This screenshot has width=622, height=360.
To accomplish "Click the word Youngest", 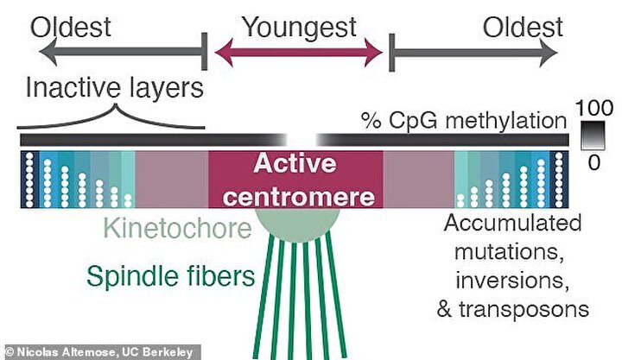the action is click(x=300, y=28).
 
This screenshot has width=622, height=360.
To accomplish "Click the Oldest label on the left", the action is click(x=71, y=28).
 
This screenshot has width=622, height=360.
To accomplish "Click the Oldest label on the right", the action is click(x=523, y=28).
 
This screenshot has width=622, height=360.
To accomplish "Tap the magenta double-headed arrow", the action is click(x=299, y=52).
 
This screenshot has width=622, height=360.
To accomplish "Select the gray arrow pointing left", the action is click(x=123, y=52).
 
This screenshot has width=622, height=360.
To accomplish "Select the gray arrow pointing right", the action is click(x=473, y=53).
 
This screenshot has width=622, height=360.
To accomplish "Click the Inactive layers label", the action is click(x=114, y=87).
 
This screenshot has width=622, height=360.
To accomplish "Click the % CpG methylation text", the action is click(x=464, y=121).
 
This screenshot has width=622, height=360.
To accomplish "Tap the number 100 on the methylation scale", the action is click(x=593, y=108).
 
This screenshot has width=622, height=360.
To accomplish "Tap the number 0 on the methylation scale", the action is click(x=593, y=162).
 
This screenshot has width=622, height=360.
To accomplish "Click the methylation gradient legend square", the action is click(x=593, y=136).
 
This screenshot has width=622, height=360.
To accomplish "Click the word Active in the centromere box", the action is click(x=295, y=163).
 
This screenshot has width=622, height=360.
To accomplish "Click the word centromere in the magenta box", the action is click(x=299, y=197).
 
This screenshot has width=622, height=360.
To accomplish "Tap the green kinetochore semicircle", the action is click(x=297, y=224).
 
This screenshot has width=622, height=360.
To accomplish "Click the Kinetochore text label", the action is click(x=177, y=229).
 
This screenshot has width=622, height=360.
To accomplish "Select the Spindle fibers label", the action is click(x=170, y=276).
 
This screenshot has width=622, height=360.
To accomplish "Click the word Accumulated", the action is click(x=513, y=223).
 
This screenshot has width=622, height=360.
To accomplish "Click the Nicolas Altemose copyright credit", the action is click(x=99, y=352).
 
